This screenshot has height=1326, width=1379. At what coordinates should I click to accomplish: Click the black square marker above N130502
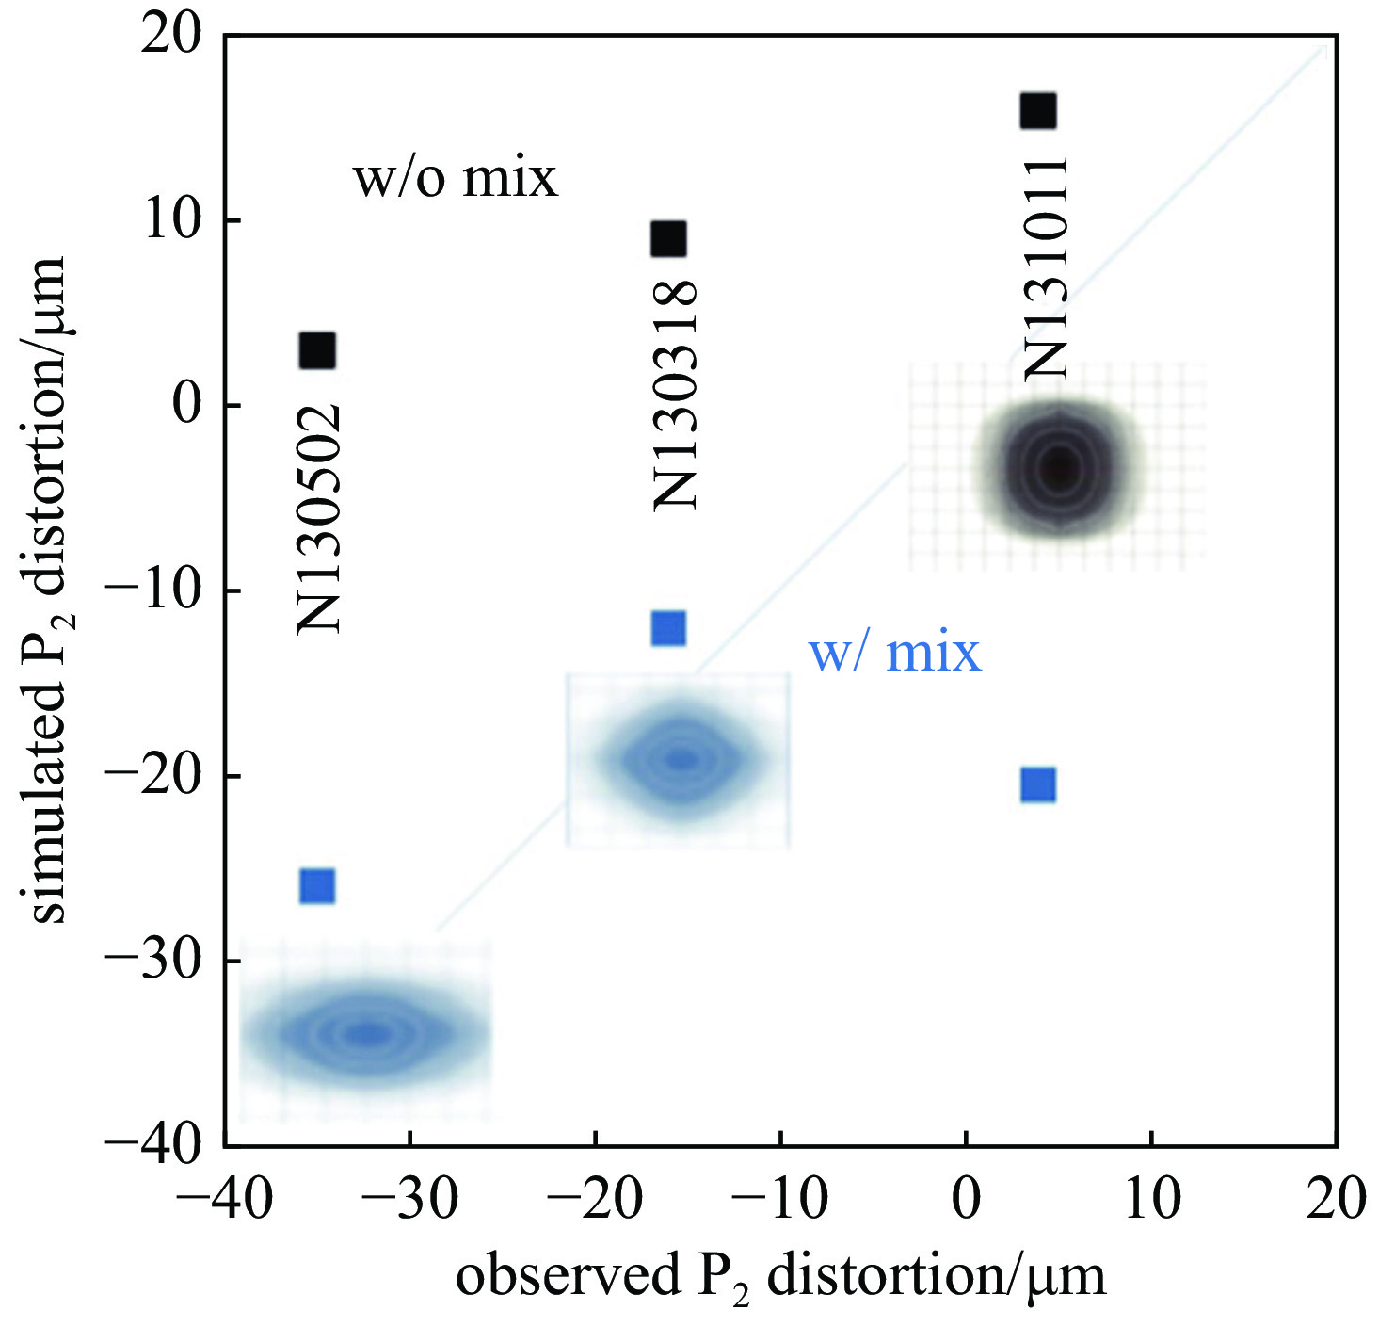(x=317, y=351)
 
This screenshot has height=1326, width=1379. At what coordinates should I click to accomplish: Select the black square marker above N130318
(x=668, y=239)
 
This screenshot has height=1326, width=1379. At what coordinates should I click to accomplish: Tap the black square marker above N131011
(x=1038, y=111)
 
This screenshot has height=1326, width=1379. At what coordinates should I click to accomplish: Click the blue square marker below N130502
(x=317, y=886)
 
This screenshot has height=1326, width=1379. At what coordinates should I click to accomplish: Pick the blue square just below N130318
(x=668, y=628)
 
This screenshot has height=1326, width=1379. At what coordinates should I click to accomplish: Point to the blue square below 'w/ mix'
(x=1038, y=784)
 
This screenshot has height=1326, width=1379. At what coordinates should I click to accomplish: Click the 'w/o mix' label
(x=456, y=178)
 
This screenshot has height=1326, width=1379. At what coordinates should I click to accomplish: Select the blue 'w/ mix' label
(x=895, y=653)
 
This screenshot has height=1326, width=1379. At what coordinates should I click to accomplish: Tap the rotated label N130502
(x=318, y=519)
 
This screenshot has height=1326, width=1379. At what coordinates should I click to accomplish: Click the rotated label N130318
(x=675, y=396)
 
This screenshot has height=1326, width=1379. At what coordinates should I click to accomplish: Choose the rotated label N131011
(x=1046, y=267)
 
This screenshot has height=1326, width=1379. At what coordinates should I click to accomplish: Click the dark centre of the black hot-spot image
(x=1060, y=466)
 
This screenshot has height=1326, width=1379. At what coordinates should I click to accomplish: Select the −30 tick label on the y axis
(x=152, y=962)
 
